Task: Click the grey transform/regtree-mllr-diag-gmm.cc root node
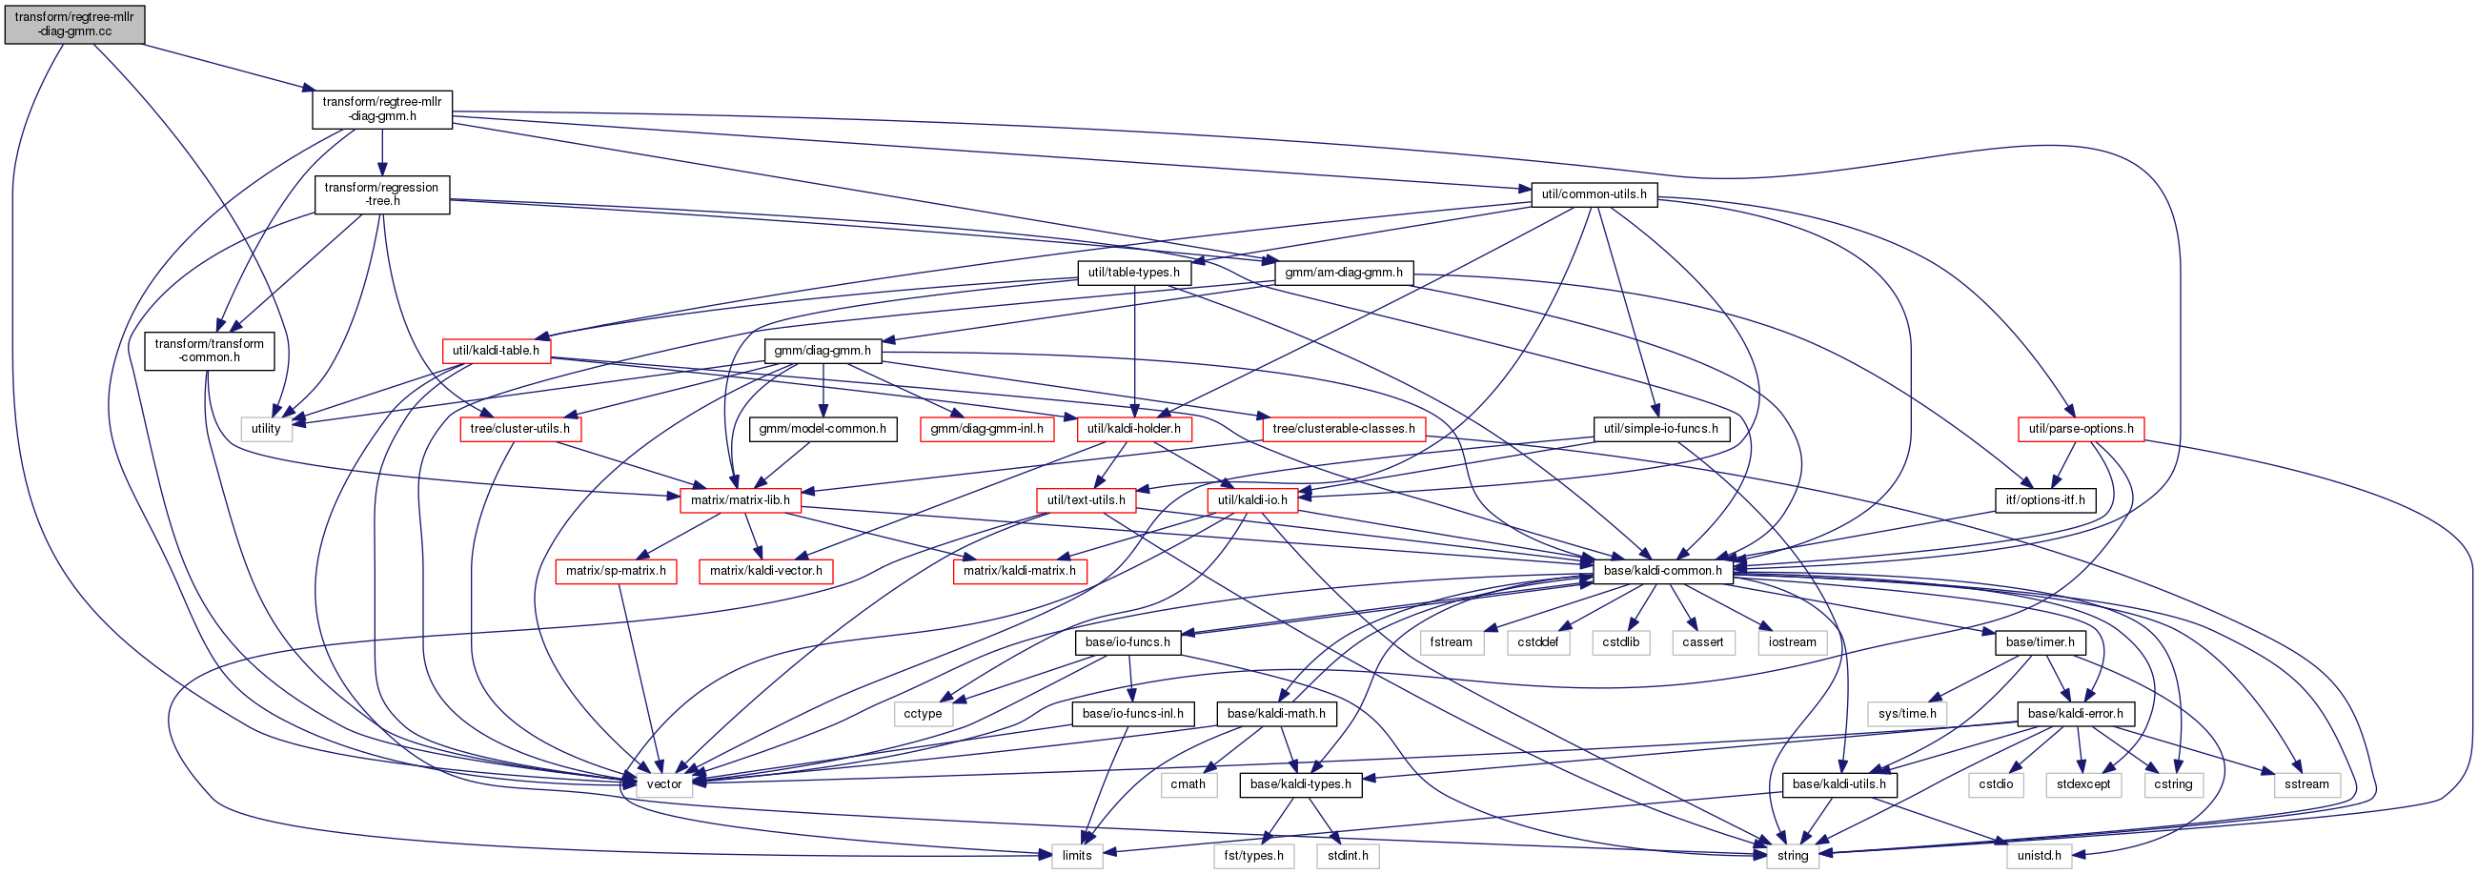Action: coord(74,24)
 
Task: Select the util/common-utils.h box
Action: coord(1593,194)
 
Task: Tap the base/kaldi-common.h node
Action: coord(1662,571)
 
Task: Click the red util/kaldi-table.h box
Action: coord(496,351)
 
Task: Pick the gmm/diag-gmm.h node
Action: coord(823,351)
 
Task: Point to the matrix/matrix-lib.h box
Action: coord(740,500)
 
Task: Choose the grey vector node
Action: coord(663,784)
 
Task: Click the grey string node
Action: coord(1792,856)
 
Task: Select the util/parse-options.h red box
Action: coord(2081,429)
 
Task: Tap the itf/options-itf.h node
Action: coord(2045,500)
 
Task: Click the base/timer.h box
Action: coord(2040,642)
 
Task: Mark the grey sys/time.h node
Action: coord(1906,714)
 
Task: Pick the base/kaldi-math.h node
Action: coord(1275,714)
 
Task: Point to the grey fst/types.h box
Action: coord(1253,856)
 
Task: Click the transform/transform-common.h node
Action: coord(209,351)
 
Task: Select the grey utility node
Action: coord(266,429)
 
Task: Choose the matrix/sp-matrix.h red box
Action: coord(616,571)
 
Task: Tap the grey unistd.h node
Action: coord(2039,856)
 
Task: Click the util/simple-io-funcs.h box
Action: coord(1660,429)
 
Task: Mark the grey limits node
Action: coord(1076,856)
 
